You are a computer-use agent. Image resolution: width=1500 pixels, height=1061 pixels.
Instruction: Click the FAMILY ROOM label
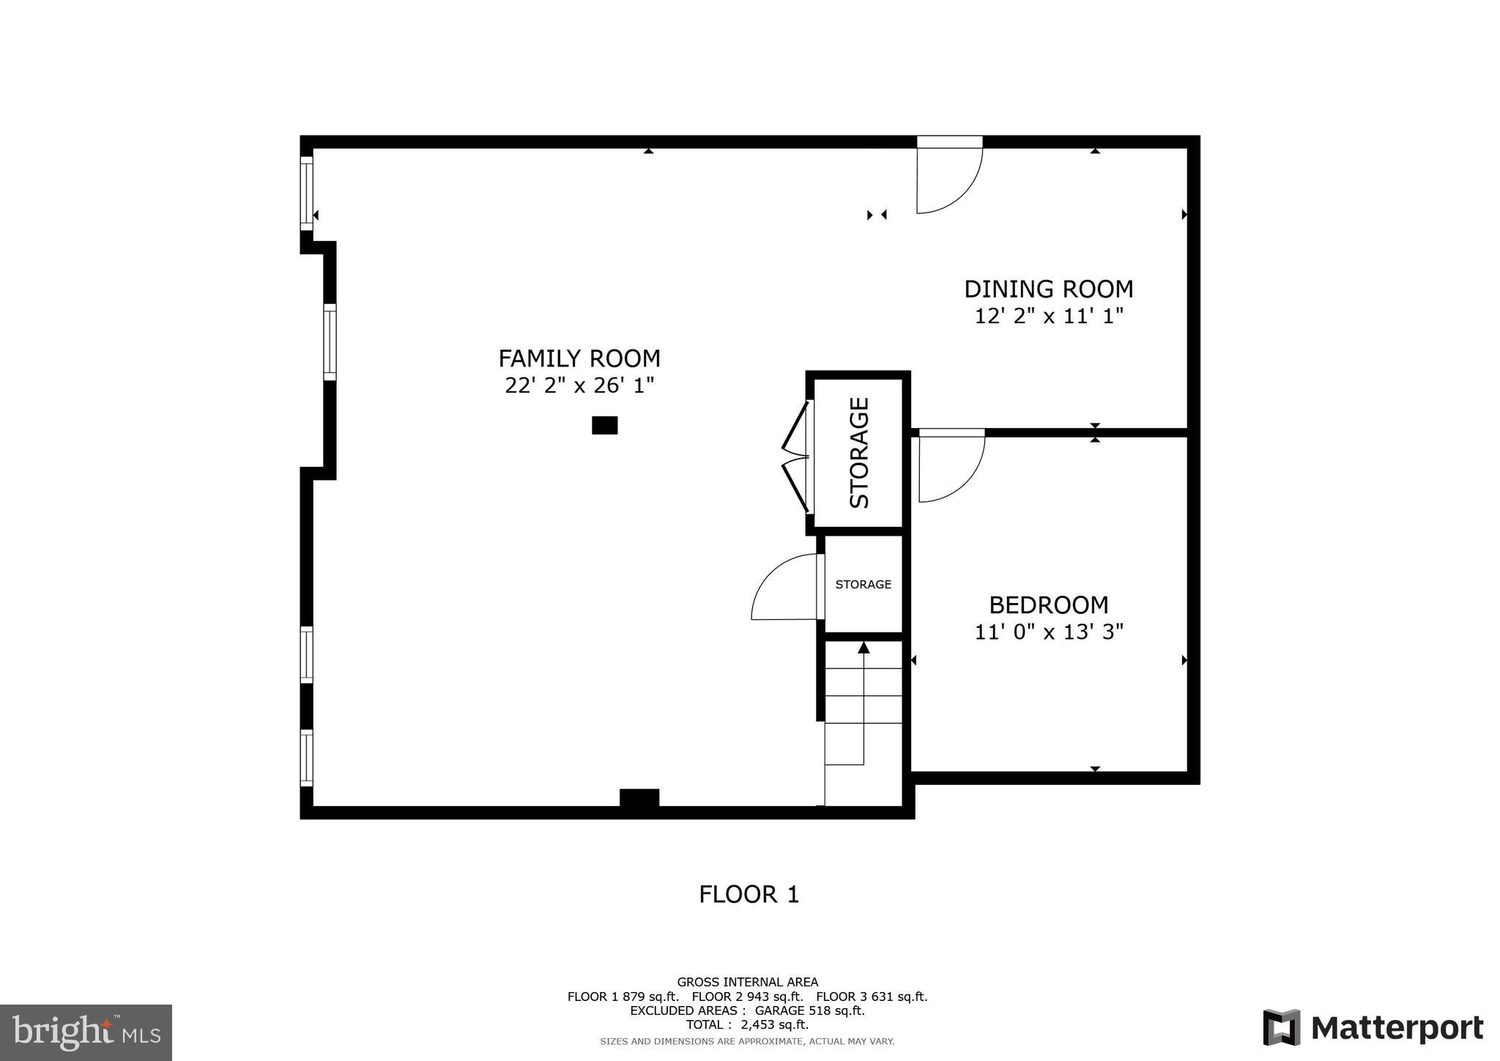[579, 358]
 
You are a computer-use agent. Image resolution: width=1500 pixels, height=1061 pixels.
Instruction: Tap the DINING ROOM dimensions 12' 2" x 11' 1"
[1048, 317]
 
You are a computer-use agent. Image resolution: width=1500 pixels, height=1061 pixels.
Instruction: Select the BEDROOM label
[1048, 605]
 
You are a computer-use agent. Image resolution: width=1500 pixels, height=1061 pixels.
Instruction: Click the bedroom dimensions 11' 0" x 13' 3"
[1048, 632]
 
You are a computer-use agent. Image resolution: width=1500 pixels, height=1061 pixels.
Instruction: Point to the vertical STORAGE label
[859, 453]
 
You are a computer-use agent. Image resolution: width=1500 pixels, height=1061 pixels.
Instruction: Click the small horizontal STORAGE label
[863, 584]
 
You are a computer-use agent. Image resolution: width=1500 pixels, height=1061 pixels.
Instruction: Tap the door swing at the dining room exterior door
[949, 180]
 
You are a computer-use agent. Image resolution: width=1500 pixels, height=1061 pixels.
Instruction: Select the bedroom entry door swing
[951, 469]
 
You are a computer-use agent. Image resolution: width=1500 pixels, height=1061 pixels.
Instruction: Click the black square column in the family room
[604, 425]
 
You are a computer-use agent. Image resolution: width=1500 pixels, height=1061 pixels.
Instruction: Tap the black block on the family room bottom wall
[639, 798]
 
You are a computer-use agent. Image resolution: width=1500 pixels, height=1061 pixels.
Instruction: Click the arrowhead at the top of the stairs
[864, 647]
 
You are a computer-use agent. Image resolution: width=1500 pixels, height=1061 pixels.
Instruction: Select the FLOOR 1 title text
[749, 894]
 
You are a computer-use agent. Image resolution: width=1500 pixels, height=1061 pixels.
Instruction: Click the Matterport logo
[1373, 1027]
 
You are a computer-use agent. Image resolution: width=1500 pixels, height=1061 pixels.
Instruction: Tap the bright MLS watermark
[86, 1032]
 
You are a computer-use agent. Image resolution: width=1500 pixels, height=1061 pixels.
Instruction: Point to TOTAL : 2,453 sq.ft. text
[747, 1024]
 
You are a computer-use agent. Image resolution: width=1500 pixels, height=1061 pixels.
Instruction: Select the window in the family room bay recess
[330, 342]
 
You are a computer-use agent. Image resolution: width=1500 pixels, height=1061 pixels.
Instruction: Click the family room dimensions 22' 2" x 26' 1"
[579, 385]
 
